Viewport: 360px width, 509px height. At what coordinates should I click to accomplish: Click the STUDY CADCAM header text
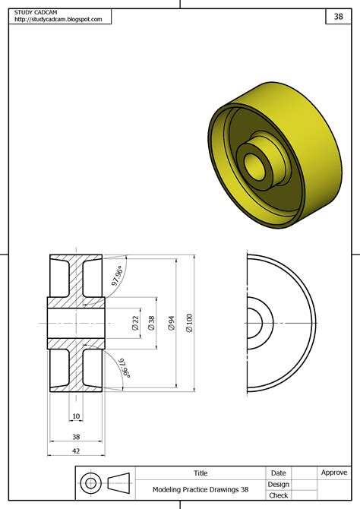(36, 12)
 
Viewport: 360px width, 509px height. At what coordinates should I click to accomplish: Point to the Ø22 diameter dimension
(135, 323)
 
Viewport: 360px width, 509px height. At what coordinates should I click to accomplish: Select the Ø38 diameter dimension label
(151, 323)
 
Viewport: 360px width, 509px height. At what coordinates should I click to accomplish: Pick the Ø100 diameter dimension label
(190, 323)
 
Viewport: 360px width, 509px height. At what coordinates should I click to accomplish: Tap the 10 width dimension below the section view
(76, 416)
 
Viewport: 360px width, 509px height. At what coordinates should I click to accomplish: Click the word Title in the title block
(201, 473)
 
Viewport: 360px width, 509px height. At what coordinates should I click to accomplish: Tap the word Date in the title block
(278, 473)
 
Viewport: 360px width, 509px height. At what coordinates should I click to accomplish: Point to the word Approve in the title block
(334, 473)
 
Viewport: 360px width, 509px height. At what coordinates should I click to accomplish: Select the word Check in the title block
(278, 495)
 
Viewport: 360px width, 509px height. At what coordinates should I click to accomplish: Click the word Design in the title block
(278, 484)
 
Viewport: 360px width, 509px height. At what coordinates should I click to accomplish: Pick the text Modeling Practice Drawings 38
(201, 490)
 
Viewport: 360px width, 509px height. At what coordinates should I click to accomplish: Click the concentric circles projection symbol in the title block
(90, 483)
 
